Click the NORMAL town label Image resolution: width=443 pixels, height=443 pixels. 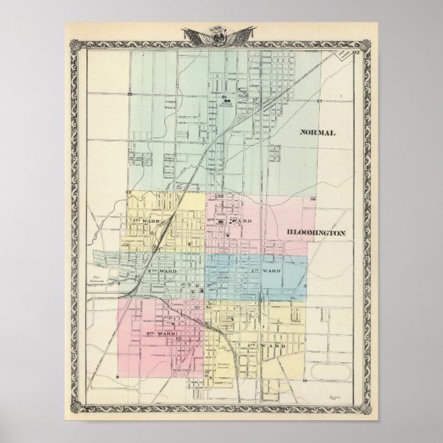tap(317, 133)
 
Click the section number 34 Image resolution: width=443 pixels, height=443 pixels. tap(313, 198)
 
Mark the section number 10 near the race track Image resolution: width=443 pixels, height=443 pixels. tap(303, 379)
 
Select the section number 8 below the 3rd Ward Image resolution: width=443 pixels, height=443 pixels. tap(119, 378)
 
